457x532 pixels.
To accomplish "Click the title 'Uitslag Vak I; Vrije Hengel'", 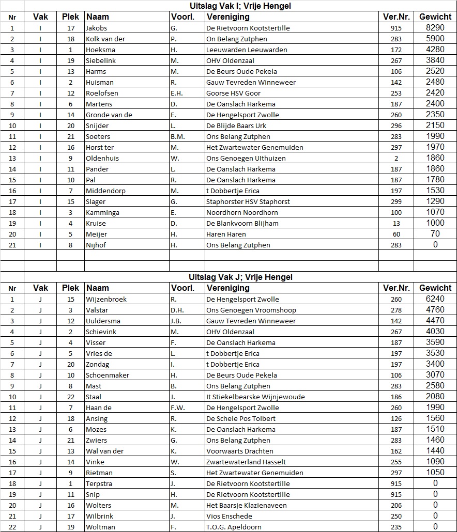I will click(240, 6).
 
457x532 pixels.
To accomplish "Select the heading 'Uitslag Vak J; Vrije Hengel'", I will click(241, 277).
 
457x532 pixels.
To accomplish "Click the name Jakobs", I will click(96, 28).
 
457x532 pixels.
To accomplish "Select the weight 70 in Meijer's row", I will click(435, 234).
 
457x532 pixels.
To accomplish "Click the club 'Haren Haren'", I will click(226, 234).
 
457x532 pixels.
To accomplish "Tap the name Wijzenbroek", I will click(106, 299).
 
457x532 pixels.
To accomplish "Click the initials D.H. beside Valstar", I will click(177, 310).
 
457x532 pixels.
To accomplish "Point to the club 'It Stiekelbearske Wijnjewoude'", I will click(255, 397).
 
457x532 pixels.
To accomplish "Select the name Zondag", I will click(98, 364).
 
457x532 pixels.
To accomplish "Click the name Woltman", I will click(100, 527).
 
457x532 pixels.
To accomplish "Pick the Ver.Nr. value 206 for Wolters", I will click(396, 505).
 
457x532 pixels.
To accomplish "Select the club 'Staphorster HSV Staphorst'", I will click(248, 201).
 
